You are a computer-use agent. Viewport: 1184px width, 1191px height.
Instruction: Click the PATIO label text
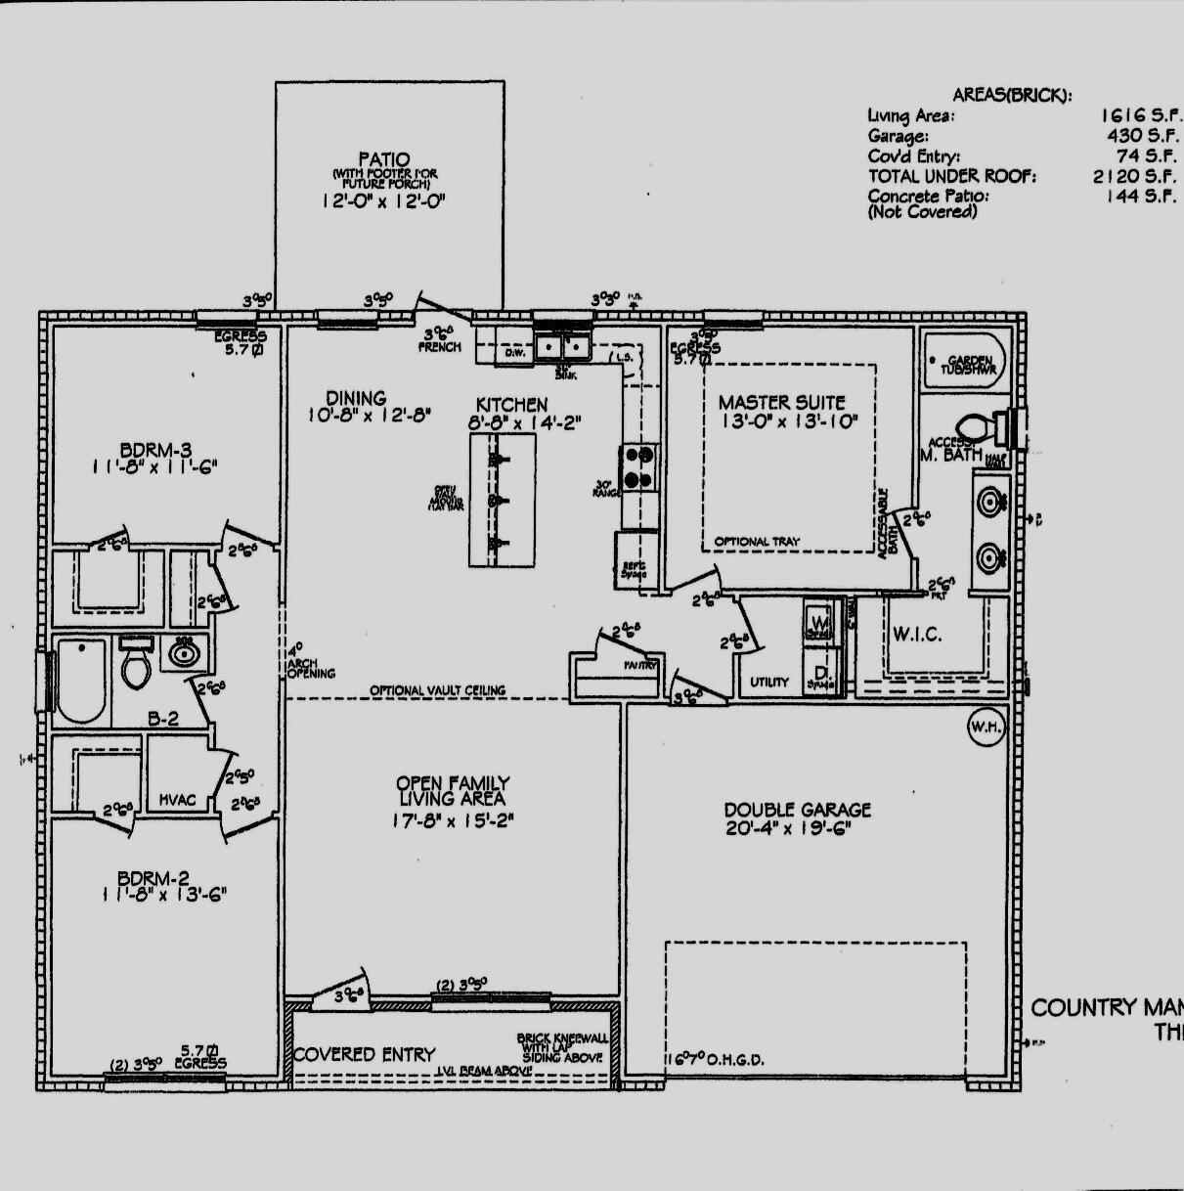(x=383, y=159)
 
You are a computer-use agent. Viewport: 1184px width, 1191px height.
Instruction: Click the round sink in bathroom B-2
(x=181, y=652)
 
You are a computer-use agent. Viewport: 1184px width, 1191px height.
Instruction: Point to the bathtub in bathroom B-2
(x=80, y=680)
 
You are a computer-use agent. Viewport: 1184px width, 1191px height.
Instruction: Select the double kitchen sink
(x=563, y=346)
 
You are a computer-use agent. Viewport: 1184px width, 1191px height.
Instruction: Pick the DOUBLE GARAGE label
(x=797, y=810)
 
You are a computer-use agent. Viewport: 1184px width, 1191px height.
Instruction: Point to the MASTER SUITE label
(x=781, y=402)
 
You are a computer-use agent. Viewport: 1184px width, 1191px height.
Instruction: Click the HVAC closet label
(x=177, y=800)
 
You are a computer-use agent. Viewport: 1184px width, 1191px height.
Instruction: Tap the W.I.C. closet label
(x=917, y=635)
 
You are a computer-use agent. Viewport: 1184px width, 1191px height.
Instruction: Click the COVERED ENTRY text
(x=365, y=1054)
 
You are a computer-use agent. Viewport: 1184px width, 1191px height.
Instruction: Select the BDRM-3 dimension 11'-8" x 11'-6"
(x=154, y=467)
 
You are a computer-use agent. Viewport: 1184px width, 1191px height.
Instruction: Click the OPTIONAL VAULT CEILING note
(x=437, y=690)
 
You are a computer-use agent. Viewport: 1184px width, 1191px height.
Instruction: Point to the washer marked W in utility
(x=818, y=620)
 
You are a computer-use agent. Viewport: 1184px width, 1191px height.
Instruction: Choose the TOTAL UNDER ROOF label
(x=951, y=176)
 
